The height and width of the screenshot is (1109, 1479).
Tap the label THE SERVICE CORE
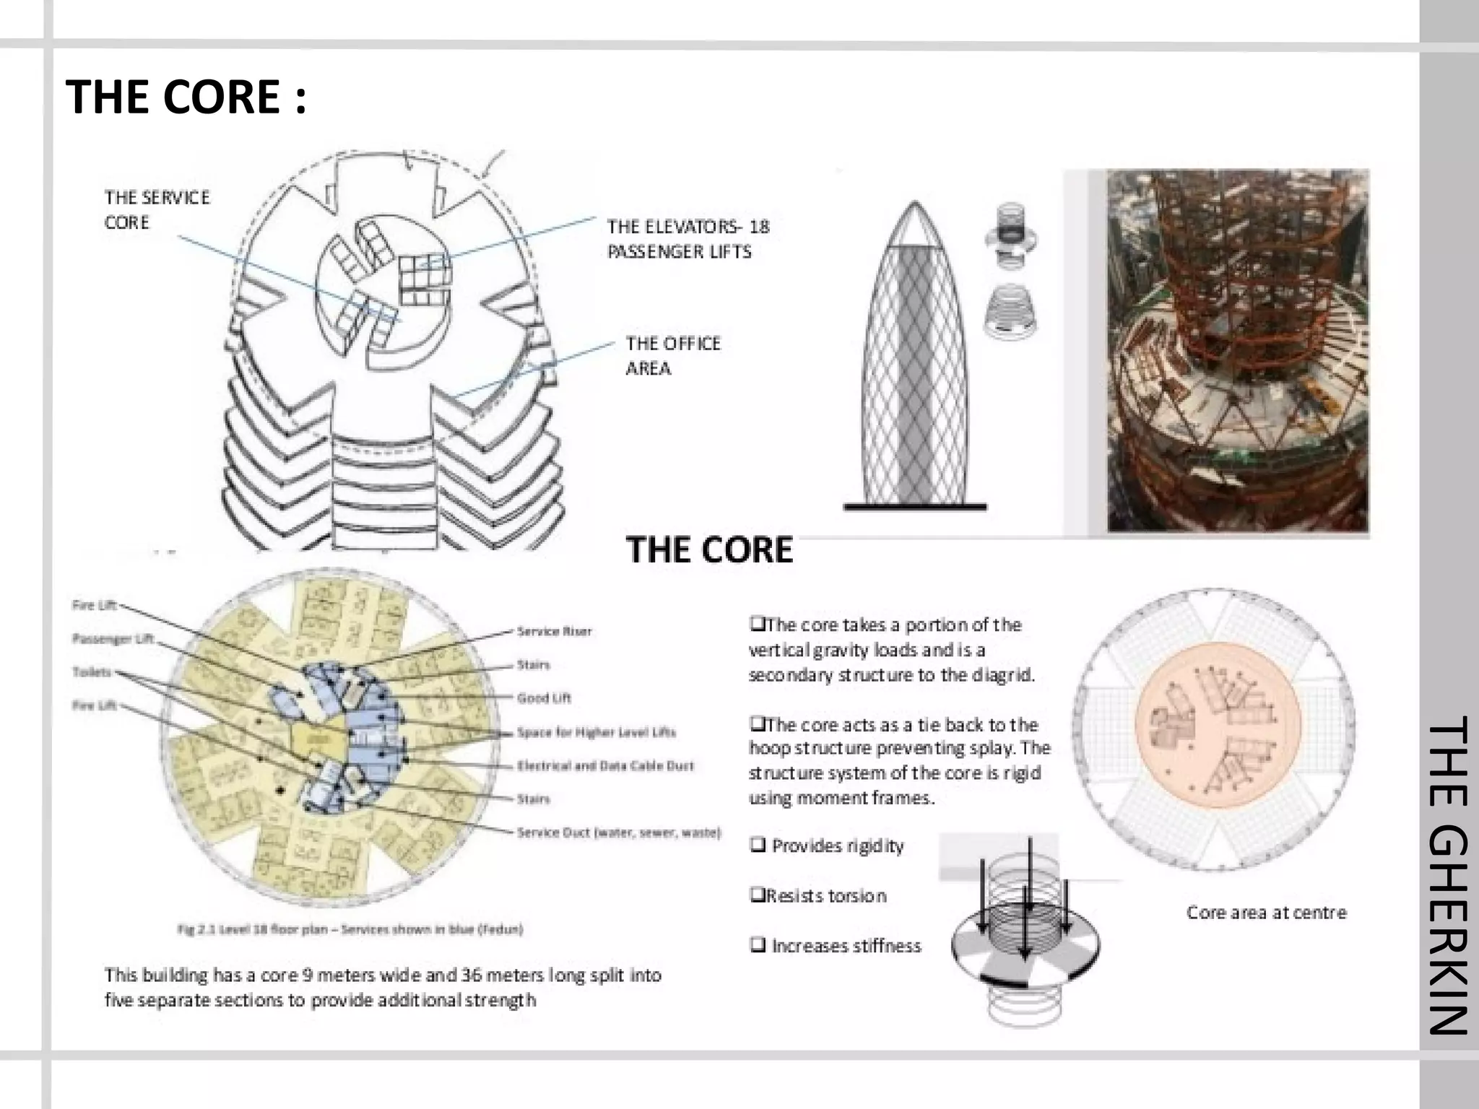click(157, 209)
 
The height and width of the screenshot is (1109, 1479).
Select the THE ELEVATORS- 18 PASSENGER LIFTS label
click(688, 239)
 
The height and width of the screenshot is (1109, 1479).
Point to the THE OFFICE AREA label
click(672, 355)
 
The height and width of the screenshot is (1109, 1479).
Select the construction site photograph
click(1238, 350)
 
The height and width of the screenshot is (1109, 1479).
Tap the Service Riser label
click(554, 631)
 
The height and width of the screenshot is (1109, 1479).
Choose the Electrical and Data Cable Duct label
click(605, 765)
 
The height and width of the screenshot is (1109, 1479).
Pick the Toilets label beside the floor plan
click(92, 672)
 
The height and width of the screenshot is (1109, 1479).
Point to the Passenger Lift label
click(113, 638)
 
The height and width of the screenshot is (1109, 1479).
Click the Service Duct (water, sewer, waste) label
click(619, 832)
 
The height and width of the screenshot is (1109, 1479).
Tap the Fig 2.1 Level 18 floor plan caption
click(350, 929)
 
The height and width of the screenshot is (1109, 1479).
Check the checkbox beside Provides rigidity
click(758, 845)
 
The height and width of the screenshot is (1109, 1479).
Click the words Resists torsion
click(825, 896)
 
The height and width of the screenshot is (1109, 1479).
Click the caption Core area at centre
click(1266, 913)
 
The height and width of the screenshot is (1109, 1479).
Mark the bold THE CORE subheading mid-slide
click(709, 549)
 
